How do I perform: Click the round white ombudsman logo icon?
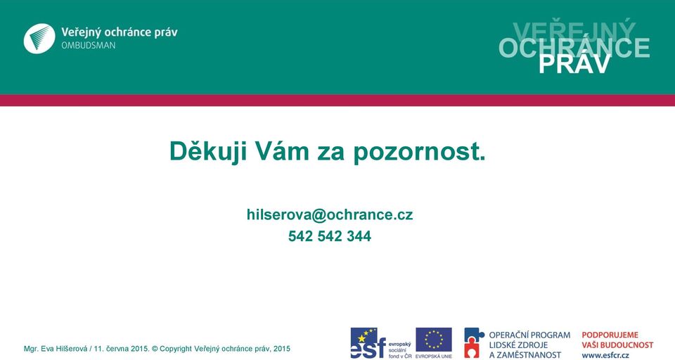39,39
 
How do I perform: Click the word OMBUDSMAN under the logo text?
89,45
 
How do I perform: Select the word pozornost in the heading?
419,152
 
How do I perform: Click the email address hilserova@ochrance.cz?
330,214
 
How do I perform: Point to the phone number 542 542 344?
330,236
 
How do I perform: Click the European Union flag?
434,340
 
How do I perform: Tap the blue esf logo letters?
368,344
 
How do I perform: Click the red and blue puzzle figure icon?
474,342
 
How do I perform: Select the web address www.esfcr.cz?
605,355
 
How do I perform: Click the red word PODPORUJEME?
610,335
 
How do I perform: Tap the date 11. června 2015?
122,349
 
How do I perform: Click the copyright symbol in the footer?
155,349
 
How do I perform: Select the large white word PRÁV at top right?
574,64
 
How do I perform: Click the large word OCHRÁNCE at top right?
574,47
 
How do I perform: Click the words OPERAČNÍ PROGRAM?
529,335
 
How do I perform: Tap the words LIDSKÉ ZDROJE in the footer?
518,345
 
